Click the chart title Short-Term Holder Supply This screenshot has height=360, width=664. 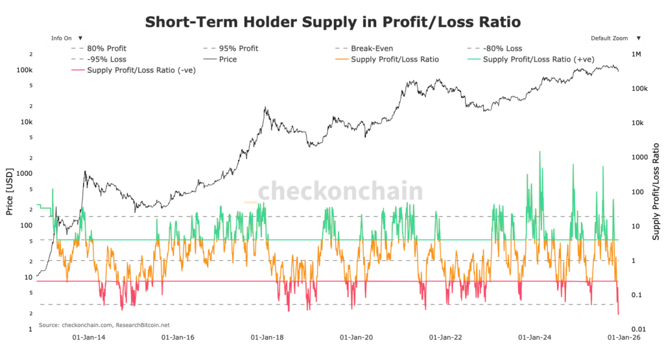pyautogui.click(x=332, y=21)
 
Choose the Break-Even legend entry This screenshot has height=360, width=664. pyautogui.click(x=372, y=49)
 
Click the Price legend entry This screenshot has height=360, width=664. pyautogui.click(x=228, y=59)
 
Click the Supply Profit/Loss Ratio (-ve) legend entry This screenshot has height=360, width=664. pyautogui.click(x=133, y=69)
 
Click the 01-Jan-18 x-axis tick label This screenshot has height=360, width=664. pyautogui.click(x=267, y=337)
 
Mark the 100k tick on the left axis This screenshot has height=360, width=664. pyautogui.click(x=25, y=70)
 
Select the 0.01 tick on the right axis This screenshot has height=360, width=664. pyautogui.click(x=639, y=329)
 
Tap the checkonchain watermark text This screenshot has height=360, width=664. pyautogui.click(x=340, y=191)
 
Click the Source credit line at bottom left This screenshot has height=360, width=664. pyautogui.click(x=104, y=324)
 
